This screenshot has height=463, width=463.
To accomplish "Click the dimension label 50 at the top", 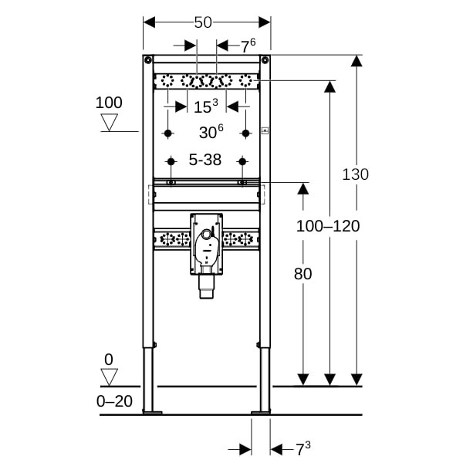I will (203, 22).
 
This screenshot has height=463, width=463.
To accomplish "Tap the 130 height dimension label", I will (355, 174).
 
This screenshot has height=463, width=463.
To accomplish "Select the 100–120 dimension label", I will (328, 225).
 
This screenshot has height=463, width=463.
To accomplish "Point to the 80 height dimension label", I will (302, 273).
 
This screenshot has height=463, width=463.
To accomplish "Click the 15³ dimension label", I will (205, 106).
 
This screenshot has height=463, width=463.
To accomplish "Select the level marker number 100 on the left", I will (110, 103).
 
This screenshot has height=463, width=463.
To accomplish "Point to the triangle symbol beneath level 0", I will (110, 377).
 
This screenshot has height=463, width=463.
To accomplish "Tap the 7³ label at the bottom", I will (302, 448).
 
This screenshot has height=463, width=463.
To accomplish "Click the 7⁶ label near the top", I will (248, 46).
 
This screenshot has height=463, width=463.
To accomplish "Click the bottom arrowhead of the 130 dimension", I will (356, 379).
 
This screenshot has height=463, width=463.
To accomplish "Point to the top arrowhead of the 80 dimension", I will (303, 189).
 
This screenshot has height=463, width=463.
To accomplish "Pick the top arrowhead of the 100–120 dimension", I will (330, 86).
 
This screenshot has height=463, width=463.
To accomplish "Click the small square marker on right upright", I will (264, 130).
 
